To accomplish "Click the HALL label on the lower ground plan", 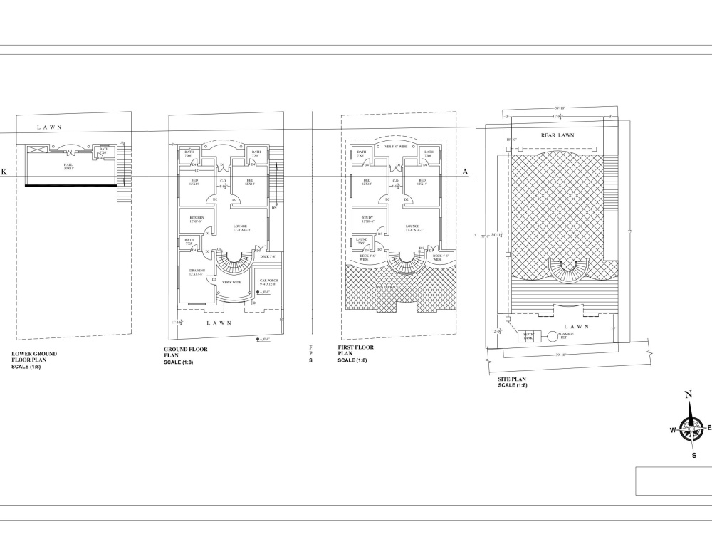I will coord(68,164).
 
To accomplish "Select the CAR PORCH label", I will coord(268,282).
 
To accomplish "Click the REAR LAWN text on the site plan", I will coord(557,135).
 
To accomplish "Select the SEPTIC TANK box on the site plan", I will coord(529,336).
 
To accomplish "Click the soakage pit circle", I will coord(553,336).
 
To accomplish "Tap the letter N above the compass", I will coord(689,395).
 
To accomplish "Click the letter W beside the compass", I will coord(672,430).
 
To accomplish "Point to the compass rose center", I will coord(689,428).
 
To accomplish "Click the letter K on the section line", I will coord(4,172).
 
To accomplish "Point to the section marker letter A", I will coord(465,172).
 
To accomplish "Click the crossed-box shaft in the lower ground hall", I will coord(38,149).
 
